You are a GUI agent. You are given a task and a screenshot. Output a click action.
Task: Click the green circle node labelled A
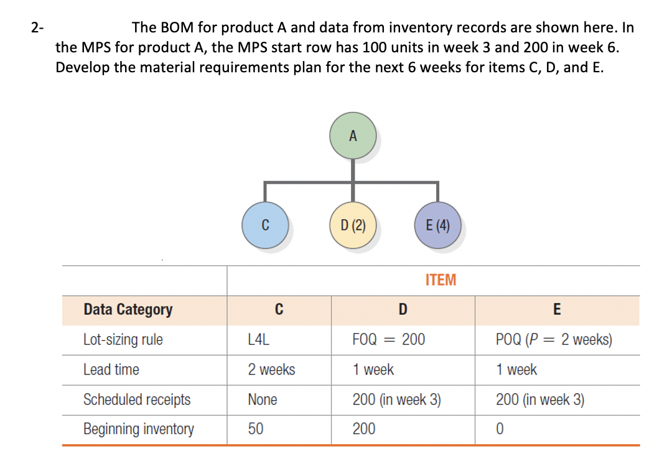point(353,136)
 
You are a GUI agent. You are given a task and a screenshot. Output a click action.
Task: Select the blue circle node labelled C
point(265,225)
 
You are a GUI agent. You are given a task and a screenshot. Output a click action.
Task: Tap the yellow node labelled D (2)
point(353,225)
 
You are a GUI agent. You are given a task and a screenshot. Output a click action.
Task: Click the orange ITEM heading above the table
point(441,280)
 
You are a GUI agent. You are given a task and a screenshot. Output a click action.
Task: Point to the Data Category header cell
point(128,310)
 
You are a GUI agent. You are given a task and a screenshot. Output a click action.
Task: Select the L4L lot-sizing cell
point(258,340)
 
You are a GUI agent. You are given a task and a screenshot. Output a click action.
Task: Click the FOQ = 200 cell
point(388,340)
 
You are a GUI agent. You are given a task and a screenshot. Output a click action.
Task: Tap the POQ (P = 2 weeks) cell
point(554,340)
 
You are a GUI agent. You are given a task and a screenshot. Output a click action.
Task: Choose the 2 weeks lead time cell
point(271,370)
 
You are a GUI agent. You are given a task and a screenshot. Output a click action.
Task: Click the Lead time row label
point(111,370)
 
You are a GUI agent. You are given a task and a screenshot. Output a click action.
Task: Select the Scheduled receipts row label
point(137,400)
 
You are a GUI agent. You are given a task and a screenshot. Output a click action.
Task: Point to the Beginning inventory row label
point(139,429)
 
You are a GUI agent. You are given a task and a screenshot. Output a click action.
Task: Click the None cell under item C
point(263,400)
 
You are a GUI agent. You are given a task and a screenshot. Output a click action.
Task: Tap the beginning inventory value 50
point(256,429)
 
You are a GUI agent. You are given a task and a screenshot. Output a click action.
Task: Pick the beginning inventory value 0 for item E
point(500,429)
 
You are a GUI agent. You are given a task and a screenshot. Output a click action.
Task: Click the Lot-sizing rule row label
point(123,340)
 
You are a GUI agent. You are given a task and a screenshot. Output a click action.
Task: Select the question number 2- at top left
point(38,27)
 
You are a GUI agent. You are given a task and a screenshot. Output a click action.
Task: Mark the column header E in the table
point(556,310)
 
